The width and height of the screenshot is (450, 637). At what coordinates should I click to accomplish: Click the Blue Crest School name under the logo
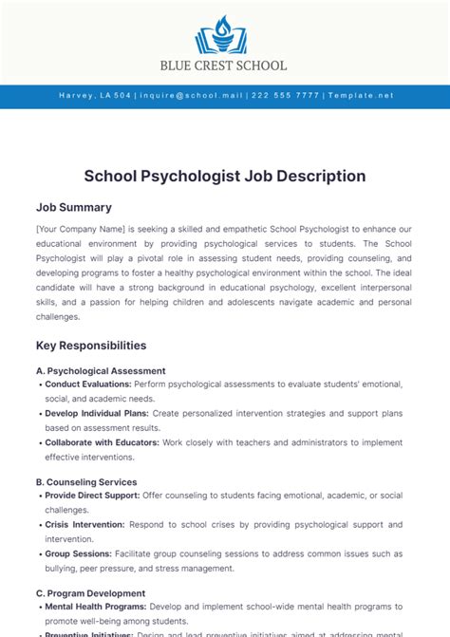point(225,66)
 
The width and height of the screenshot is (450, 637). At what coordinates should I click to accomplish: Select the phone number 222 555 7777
point(284,96)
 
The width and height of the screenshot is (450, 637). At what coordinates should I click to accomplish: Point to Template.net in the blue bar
point(360,96)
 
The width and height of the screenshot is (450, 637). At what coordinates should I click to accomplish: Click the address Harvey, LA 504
point(95,96)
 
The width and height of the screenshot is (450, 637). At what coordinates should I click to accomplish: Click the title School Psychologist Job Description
point(225,176)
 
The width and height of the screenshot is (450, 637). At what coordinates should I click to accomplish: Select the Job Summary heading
point(74,207)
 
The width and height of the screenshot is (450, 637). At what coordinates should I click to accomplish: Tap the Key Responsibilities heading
point(91,346)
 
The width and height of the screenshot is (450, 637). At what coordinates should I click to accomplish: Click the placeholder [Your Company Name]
point(81,229)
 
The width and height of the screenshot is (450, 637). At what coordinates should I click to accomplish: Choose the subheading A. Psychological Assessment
point(101,370)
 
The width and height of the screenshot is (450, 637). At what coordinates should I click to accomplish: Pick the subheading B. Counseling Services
point(86,481)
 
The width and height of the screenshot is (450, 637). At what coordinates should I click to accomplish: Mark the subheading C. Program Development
point(91,592)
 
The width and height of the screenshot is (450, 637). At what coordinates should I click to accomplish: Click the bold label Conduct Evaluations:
point(88,384)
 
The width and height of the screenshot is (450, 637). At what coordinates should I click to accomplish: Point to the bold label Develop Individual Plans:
point(97,415)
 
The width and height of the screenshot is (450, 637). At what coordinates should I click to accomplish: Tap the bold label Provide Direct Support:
point(92,496)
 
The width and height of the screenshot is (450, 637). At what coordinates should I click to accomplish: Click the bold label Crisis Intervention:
point(84,524)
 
